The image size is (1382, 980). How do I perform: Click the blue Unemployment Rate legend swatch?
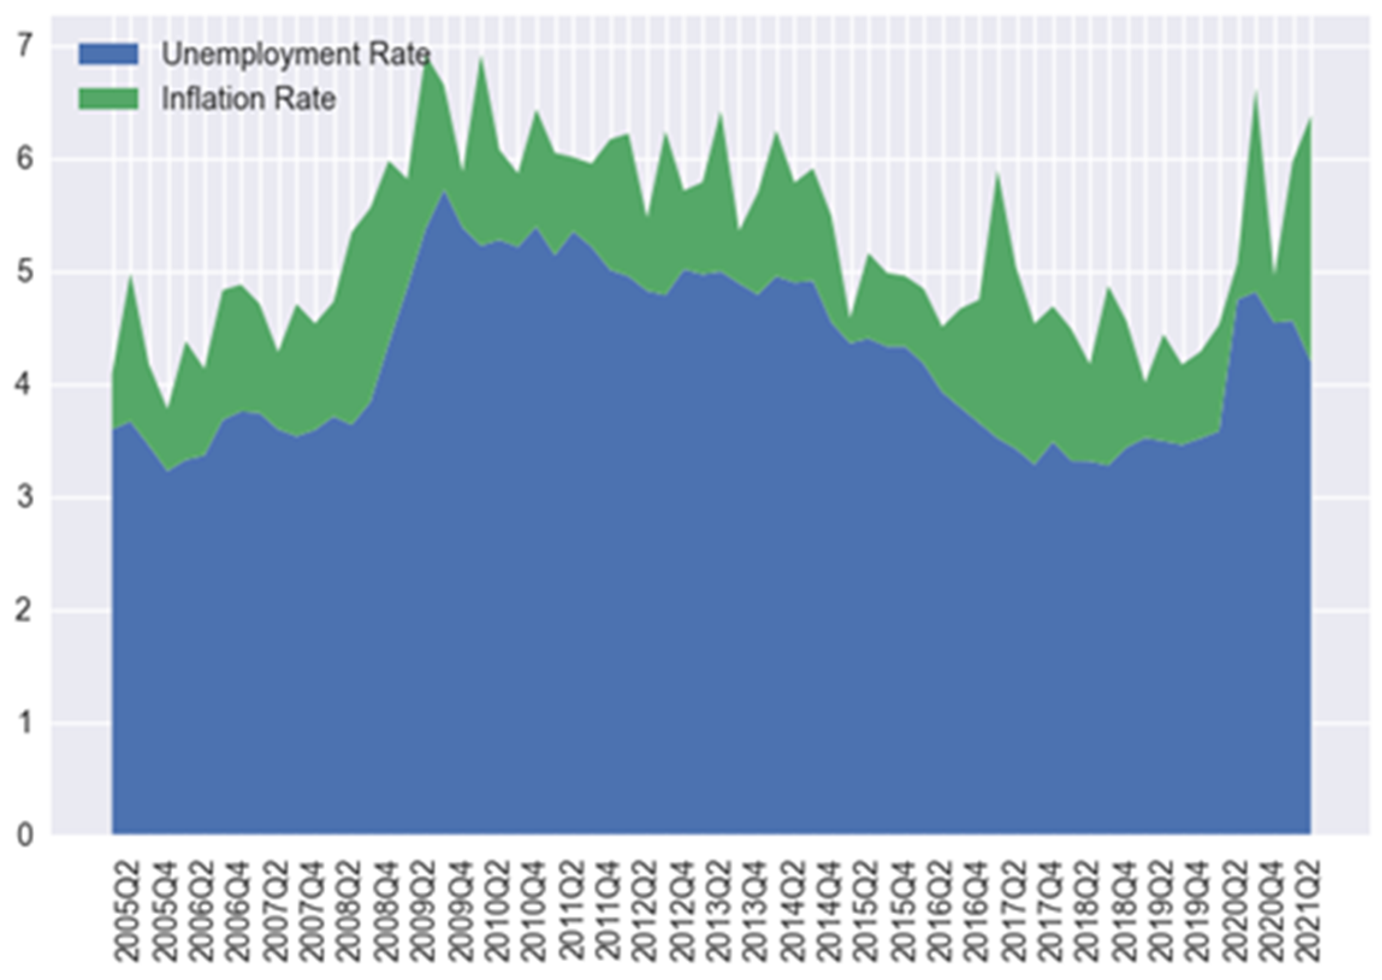click(x=109, y=54)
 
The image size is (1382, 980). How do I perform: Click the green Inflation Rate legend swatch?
click(x=109, y=99)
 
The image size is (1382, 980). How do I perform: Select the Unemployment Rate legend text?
click(x=295, y=55)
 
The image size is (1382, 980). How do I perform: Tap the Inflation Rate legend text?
click(x=248, y=99)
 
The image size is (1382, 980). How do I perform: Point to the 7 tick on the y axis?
click(x=24, y=46)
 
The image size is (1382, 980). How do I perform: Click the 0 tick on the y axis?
click(x=24, y=836)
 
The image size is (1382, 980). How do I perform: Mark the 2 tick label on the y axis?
click(x=24, y=611)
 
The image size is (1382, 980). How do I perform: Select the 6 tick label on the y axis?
click(x=24, y=159)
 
